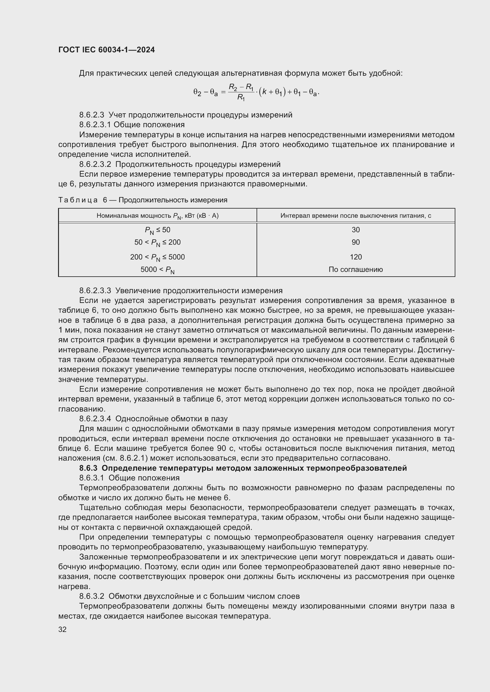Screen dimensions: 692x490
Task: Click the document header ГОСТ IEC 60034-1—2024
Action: (x=107, y=50)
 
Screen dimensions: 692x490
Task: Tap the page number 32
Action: (x=63, y=629)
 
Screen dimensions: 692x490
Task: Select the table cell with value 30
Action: (x=356, y=230)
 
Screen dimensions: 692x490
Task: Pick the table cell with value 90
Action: (x=356, y=242)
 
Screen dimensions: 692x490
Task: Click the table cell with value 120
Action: (x=356, y=257)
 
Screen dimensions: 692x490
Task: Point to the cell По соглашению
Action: (x=356, y=269)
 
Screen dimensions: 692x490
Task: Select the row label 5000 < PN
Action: (x=157, y=270)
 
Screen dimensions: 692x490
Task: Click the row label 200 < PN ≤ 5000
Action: (x=157, y=257)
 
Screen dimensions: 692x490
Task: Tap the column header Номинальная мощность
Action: (x=157, y=216)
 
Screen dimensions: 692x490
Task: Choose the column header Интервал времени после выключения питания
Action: (x=356, y=215)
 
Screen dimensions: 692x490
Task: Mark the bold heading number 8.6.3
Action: (x=88, y=468)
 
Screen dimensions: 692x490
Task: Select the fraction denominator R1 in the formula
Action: (x=241, y=97)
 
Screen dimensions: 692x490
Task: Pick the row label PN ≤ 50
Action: (x=157, y=230)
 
